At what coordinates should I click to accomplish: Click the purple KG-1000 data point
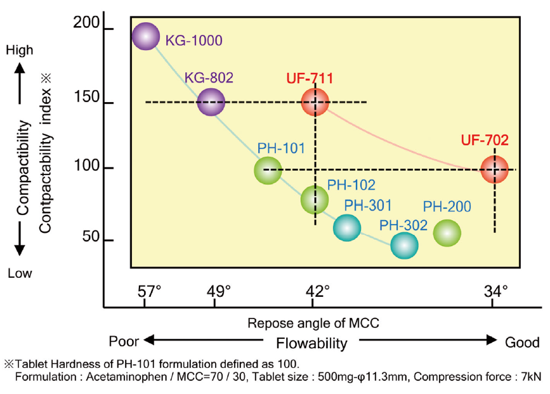tap(145, 37)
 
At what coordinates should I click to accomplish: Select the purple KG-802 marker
tap(211, 102)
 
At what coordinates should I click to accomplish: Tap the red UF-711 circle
tap(315, 102)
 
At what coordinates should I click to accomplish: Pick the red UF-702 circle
tap(494, 169)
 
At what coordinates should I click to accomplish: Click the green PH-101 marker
tap(267, 170)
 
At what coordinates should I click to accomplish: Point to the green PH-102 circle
tap(315, 200)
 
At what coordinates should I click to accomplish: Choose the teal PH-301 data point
tap(346, 227)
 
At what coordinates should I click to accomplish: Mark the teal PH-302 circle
tap(404, 246)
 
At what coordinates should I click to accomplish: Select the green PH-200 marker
tap(447, 233)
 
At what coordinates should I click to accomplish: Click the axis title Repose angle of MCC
tap(313, 322)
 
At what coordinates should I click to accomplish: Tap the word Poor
tap(123, 341)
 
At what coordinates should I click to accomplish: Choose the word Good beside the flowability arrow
tap(522, 342)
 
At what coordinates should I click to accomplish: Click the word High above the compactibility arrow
tap(20, 49)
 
